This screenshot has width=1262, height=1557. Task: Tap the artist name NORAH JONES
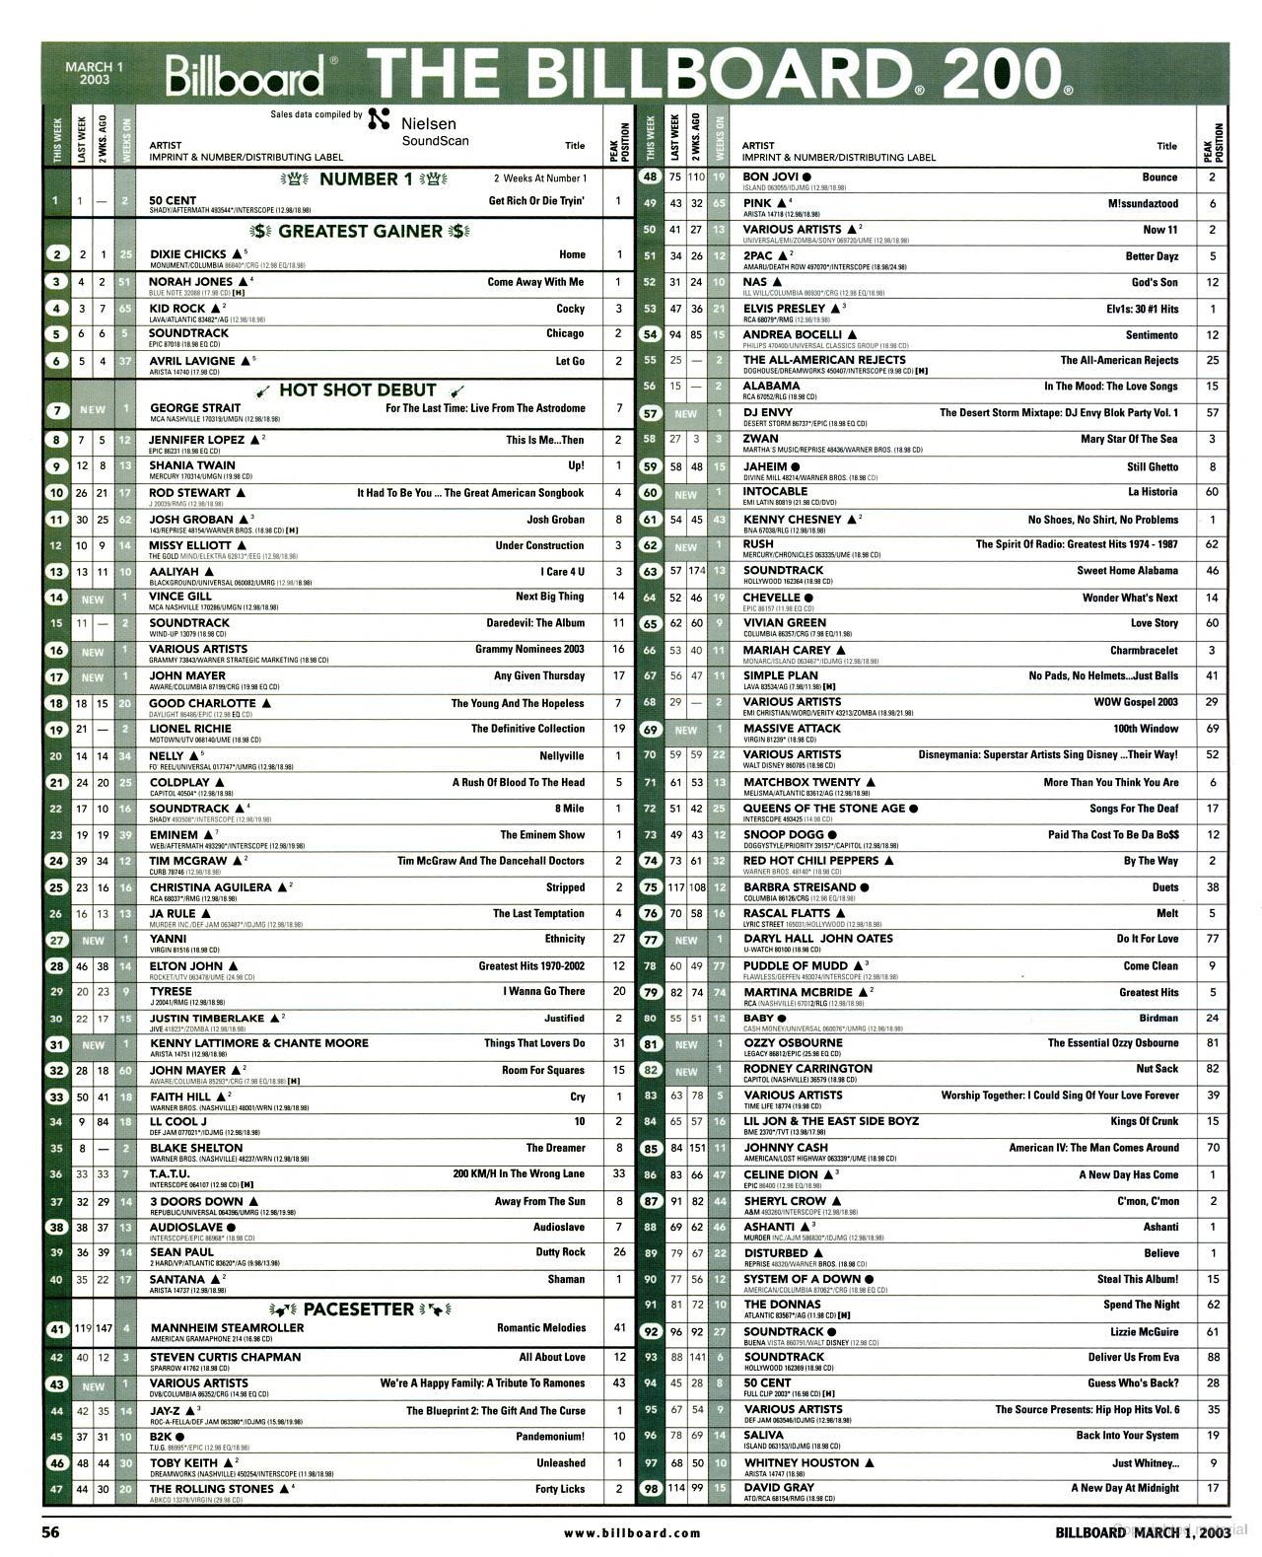(x=190, y=282)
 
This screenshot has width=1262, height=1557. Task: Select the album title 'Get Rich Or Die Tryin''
(x=536, y=201)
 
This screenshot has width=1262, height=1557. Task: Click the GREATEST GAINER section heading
(x=360, y=232)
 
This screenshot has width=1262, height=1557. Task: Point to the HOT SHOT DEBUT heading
(x=358, y=389)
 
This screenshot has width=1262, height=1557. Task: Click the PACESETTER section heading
(x=359, y=1309)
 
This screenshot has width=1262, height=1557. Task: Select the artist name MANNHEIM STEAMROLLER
(x=227, y=1328)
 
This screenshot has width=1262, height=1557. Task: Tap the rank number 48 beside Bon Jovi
(x=650, y=178)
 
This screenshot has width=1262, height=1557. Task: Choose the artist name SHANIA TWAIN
(x=192, y=465)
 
